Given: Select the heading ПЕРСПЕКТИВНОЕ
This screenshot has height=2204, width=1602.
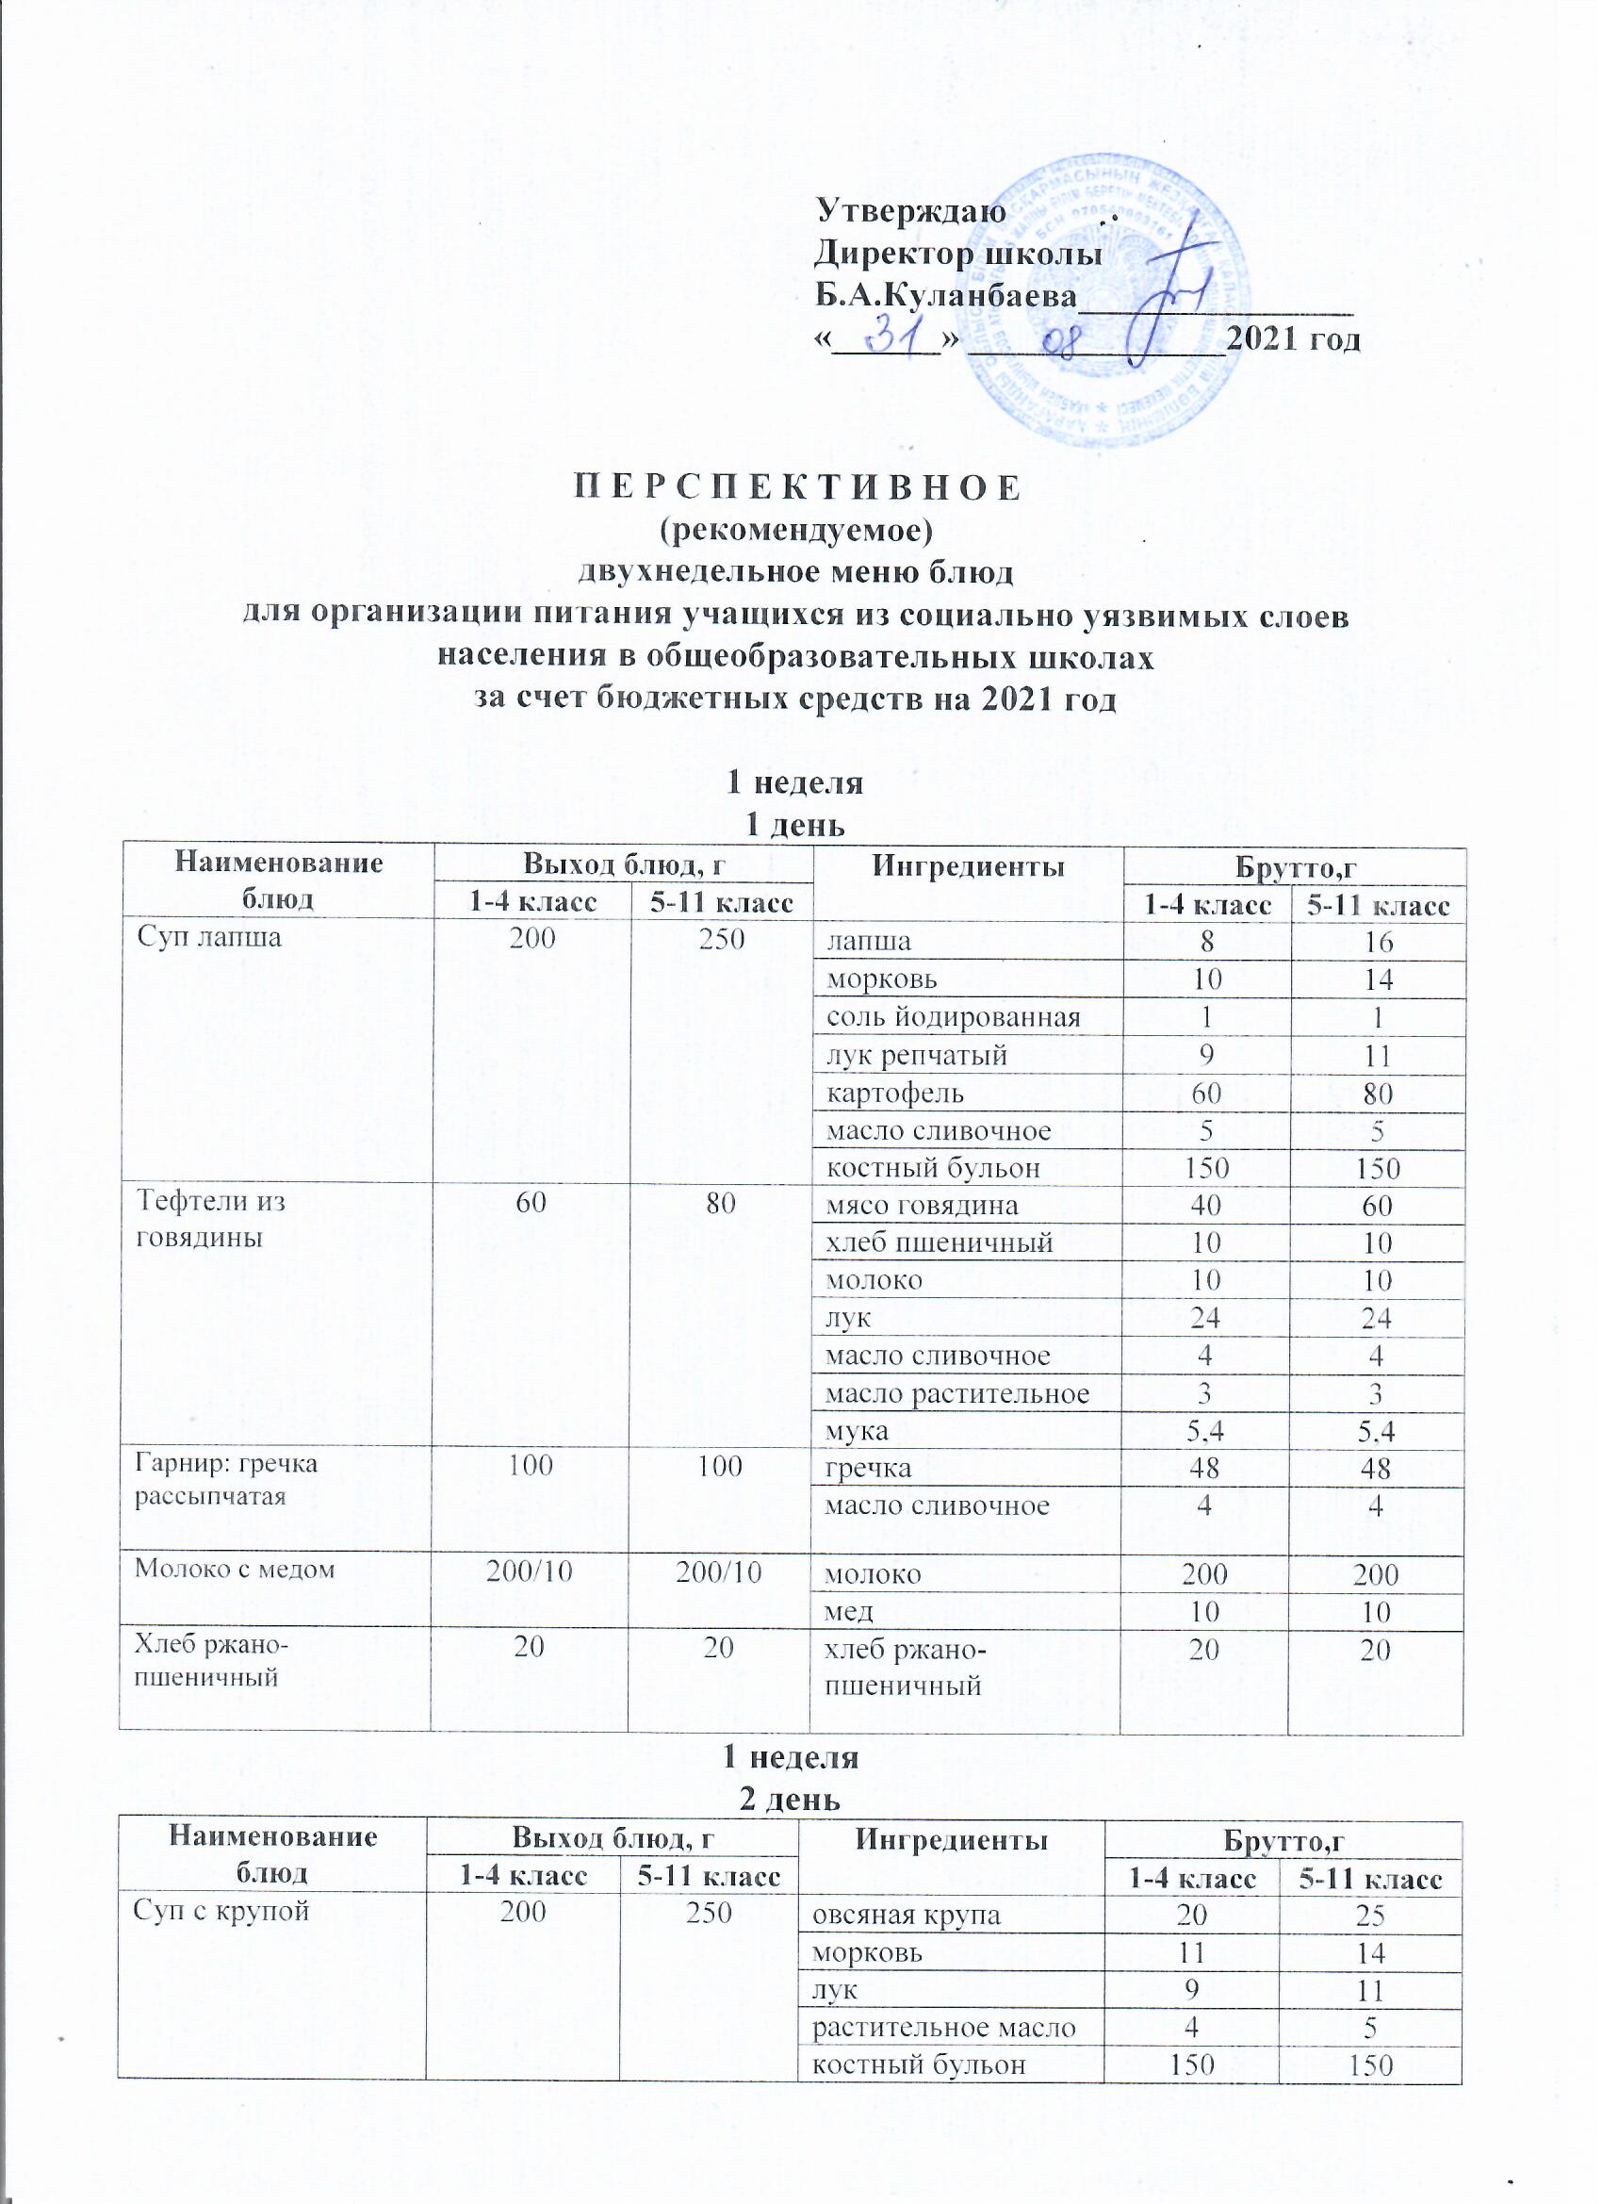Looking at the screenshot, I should click(794, 486).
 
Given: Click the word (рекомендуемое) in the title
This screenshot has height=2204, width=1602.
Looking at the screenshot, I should click(795, 531).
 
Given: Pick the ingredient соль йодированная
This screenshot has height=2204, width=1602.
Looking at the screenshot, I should click(952, 1017).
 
